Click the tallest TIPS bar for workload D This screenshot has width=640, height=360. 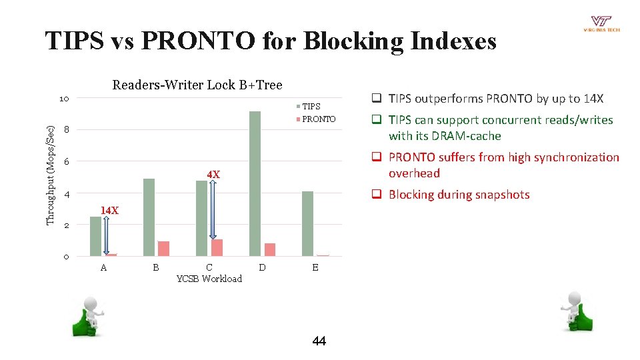click(x=255, y=183)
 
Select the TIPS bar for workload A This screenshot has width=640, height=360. click(x=96, y=236)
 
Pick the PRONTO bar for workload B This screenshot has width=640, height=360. click(x=163, y=248)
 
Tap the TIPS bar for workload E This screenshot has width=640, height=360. click(x=307, y=223)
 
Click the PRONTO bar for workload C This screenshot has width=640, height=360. click(x=217, y=247)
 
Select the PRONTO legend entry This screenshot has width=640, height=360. click(x=315, y=119)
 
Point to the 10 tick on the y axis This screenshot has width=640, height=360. click(x=64, y=99)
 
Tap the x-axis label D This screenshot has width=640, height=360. click(x=262, y=267)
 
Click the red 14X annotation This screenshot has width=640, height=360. click(x=109, y=211)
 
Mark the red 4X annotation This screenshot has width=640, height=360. click(x=213, y=175)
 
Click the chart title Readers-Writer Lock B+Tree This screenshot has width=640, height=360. click(x=197, y=85)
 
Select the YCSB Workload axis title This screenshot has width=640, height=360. click(x=209, y=279)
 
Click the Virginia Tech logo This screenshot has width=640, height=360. click(x=601, y=24)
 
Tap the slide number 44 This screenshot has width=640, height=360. click(x=319, y=341)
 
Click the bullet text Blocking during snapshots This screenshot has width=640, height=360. click(x=459, y=195)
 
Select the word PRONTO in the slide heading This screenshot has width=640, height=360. click(x=199, y=41)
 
